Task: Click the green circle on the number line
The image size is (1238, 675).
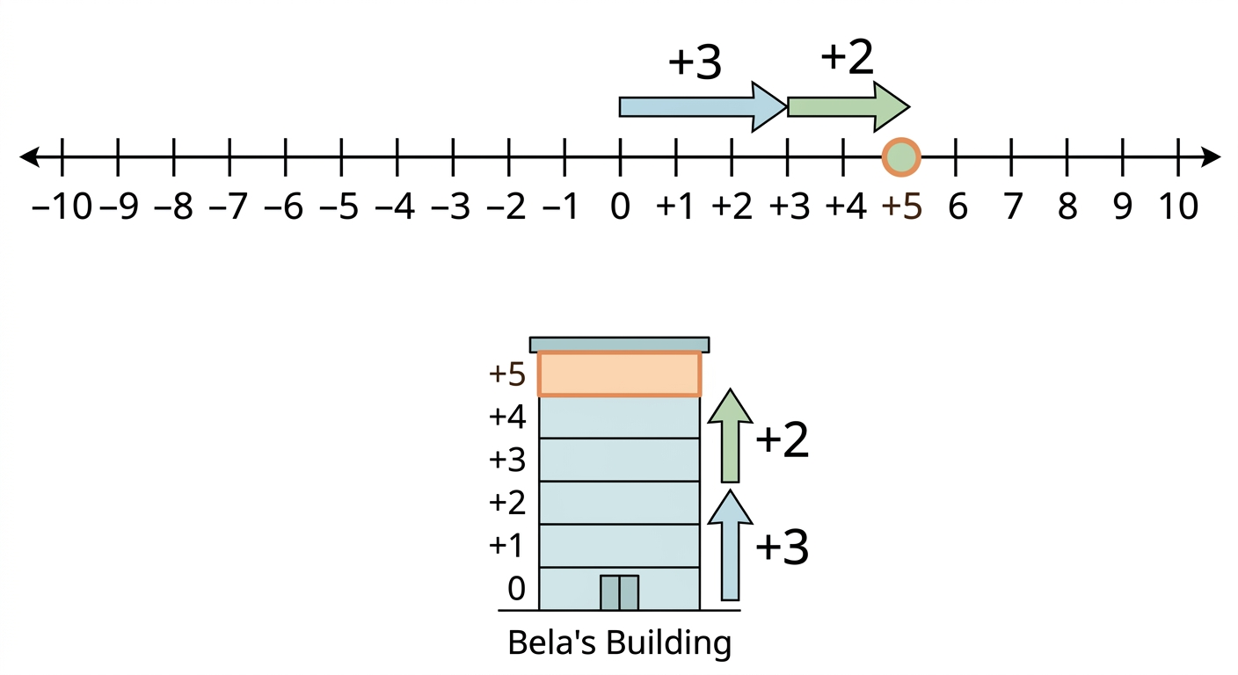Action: click(901, 157)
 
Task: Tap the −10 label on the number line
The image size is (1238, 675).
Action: click(62, 207)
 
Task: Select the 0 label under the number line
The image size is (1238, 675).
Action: click(620, 207)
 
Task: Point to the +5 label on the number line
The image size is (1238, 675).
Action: click(902, 207)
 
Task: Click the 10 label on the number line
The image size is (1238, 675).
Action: click(1178, 207)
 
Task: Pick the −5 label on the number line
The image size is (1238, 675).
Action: click(339, 207)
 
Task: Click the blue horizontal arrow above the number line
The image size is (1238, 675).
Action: click(703, 107)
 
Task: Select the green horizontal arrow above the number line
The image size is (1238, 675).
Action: click(848, 107)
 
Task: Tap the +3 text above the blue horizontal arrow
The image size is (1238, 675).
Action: click(695, 62)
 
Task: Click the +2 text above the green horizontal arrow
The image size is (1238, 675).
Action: click(848, 57)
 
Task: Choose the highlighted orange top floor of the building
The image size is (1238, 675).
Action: click(620, 374)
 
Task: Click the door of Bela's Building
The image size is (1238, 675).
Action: click(620, 592)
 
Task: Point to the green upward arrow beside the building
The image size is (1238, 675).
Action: click(730, 435)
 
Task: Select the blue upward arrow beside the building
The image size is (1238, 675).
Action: click(730, 545)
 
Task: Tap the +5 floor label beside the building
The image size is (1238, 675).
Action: click(506, 374)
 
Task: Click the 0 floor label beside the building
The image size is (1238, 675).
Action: click(516, 588)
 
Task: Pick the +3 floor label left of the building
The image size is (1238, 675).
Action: click(506, 460)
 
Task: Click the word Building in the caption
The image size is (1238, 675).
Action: click(668, 644)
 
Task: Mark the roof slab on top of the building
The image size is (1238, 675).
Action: click(620, 345)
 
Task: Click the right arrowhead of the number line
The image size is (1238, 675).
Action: click(1211, 157)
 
